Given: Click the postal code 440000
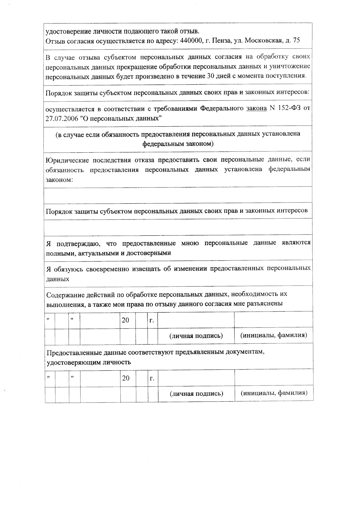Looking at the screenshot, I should coord(190,41).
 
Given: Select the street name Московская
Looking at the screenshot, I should coord(264,41).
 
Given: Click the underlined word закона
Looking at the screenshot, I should coord(256,108).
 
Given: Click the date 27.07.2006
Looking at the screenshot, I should coord(61,118).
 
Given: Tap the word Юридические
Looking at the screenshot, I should coord(67,160).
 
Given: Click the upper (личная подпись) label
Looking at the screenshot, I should coord(196,336).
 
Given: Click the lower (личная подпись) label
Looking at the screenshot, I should coord(196,394).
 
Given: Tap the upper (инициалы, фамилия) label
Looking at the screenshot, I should coord(274,335).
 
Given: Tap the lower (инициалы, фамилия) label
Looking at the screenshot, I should coord(274,393).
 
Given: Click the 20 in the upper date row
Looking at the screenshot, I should coord(125,320).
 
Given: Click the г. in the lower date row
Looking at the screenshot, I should coord(152,378).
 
